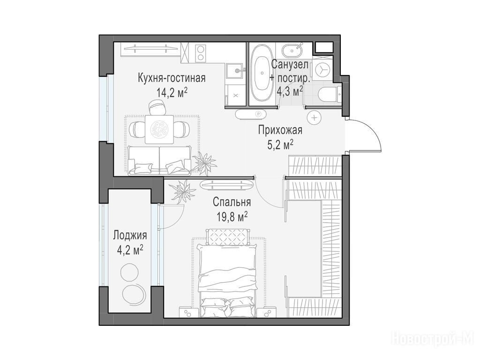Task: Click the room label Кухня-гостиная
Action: pyautogui.click(x=172, y=78)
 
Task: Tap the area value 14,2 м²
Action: pyautogui.click(x=172, y=92)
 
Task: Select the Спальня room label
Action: pyautogui.click(x=232, y=202)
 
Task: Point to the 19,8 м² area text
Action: pyautogui.click(x=232, y=217)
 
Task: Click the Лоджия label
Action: pyautogui.click(x=130, y=235)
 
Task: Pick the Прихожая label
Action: pyautogui.click(x=280, y=130)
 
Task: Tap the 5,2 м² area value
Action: pyautogui.click(x=281, y=145)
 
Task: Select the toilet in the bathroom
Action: pyautogui.click(x=329, y=94)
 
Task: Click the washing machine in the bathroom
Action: pyautogui.click(x=322, y=69)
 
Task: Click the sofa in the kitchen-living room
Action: pyautogui.click(x=159, y=160)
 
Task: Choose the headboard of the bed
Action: pyautogui.click(x=228, y=237)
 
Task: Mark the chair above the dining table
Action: pyautogui.click(x=158, y=107)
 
